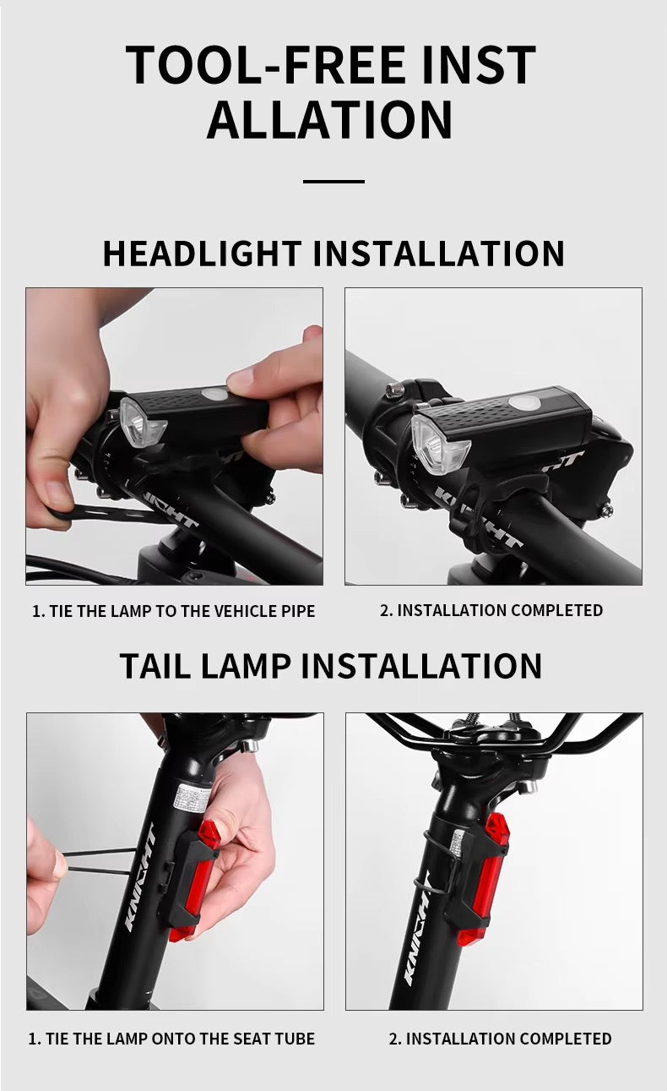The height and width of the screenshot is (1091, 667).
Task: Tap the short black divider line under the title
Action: click(x=333, y=181)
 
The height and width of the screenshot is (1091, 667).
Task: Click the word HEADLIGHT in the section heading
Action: click(x=202, y=254)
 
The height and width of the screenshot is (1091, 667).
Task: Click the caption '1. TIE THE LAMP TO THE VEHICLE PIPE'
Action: click(x=174, y=611)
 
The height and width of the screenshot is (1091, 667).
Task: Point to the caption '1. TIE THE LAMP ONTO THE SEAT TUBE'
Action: click(x=171, y=1039)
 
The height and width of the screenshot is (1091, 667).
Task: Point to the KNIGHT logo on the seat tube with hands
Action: click(x=140, y=879)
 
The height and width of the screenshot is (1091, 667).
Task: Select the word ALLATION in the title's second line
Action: click(x=330, y=119)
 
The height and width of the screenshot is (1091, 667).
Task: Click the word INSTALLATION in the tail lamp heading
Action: click(x=421, y=665)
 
